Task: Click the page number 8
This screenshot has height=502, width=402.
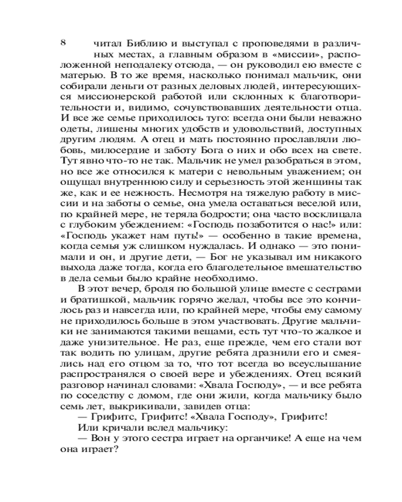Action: [x=63, y=42]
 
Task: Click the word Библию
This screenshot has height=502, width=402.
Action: [x=145, y=43]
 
